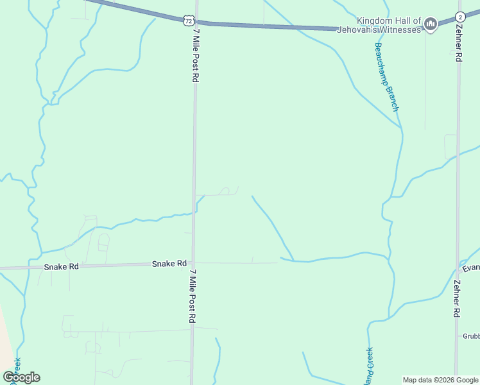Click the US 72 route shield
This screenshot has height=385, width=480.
coord(187,21)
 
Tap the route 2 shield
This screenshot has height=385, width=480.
coord(459,17)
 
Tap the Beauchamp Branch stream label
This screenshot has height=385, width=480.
coord(386,77)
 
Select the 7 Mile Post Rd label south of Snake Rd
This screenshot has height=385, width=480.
coord(192,295)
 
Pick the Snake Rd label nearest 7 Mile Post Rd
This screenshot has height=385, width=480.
coord(169,264)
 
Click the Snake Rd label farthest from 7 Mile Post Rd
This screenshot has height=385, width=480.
coord(61,266)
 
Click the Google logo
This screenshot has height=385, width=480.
coord(21,377)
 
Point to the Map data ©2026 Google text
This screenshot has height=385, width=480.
coord(440,380)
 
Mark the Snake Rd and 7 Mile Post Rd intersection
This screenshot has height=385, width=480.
coord(193,264)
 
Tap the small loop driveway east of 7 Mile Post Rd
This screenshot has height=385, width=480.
coord(225,191)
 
